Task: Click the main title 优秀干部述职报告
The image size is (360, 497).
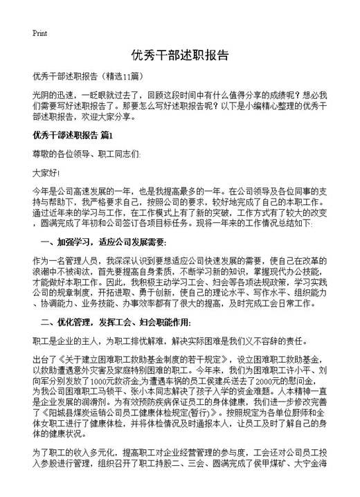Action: pos(180,55)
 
